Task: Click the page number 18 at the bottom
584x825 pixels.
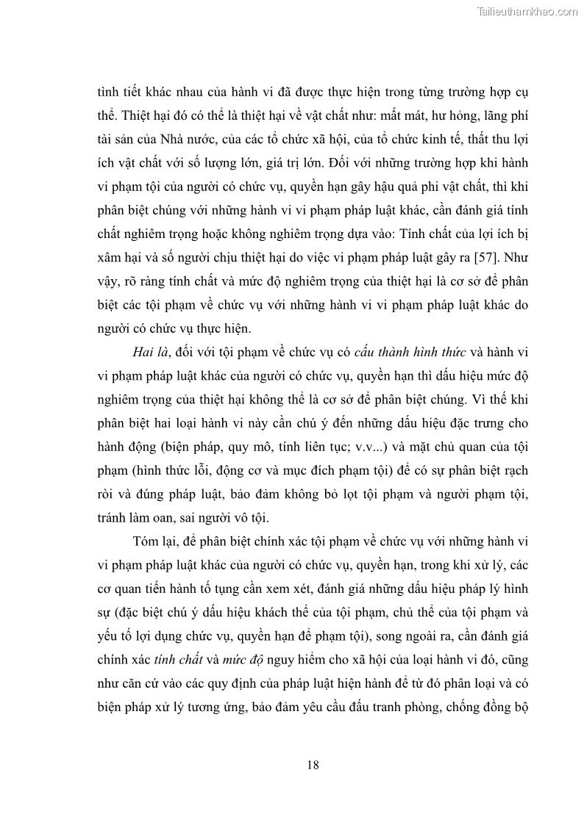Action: (x=313, y=765)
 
